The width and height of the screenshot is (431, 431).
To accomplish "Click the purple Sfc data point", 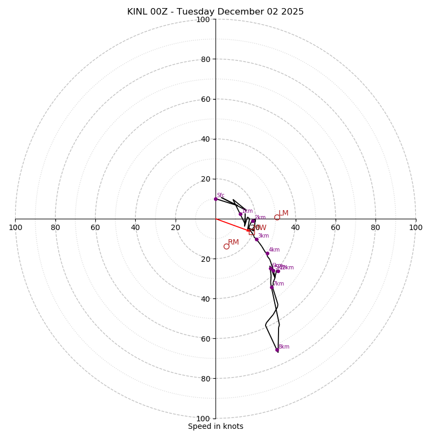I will [x=215, y=199].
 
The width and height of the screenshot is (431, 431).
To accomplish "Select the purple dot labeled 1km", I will [x=240, y=214].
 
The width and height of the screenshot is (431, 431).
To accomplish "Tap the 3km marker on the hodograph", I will [x=256, y=239].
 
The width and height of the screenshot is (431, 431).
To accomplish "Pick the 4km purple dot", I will [x=267, y=253].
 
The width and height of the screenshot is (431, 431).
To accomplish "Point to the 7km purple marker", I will [x=272, y=287].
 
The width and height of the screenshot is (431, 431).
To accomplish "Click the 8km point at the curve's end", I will [x=277, y=350].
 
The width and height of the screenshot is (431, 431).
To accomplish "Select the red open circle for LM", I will [x=277, y=218].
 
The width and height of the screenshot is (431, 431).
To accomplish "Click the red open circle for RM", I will [x=226, y=246].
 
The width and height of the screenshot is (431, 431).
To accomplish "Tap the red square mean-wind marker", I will [x=252, y=232].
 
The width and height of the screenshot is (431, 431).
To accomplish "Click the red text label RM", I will [x=233, y=242].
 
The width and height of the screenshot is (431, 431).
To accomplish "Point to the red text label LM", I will [x=283, y=213].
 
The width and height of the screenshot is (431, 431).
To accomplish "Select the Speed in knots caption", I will [x=215, y=427].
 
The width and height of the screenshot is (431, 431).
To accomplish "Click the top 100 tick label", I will [x=203, y=20].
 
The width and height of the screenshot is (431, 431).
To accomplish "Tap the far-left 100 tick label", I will [x=15, y=227].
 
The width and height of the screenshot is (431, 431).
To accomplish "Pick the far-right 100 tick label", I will [x=416, y=227].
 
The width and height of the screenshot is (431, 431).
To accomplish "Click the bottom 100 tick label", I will [x=203, y=419].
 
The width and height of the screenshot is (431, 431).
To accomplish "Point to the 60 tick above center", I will [x=205, y=99].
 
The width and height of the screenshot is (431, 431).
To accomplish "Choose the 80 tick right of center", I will [x=376, y=227].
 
